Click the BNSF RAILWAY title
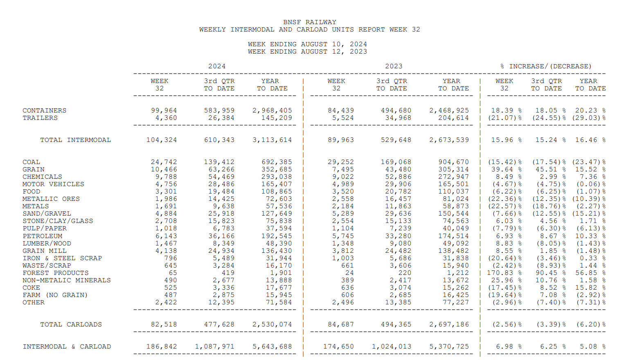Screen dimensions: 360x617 point(309,22)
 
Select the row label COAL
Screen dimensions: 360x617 point(31,162)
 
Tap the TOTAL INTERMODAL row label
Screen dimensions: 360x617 point(75,140)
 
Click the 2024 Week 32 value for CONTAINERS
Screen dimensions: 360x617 point(164,110)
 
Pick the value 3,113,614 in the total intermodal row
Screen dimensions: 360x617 point(272,140)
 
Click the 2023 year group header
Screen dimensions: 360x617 point(393,66)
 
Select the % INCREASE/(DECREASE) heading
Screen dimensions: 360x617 point(546,66)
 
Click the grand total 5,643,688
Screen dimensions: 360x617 point(272,346)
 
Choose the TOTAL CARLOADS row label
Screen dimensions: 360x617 point(71,324)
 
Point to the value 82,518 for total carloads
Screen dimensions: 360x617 point(164,324)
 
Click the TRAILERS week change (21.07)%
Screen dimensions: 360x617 point(504,118)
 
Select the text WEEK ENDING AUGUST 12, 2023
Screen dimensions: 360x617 point(307,52)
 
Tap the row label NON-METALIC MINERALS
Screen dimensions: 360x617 point(66,280)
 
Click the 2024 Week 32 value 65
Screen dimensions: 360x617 point(173,273)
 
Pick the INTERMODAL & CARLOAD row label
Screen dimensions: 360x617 point(67,346)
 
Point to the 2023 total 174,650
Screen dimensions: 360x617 point(338,346)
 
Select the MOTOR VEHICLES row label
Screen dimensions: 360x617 point(53,184)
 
